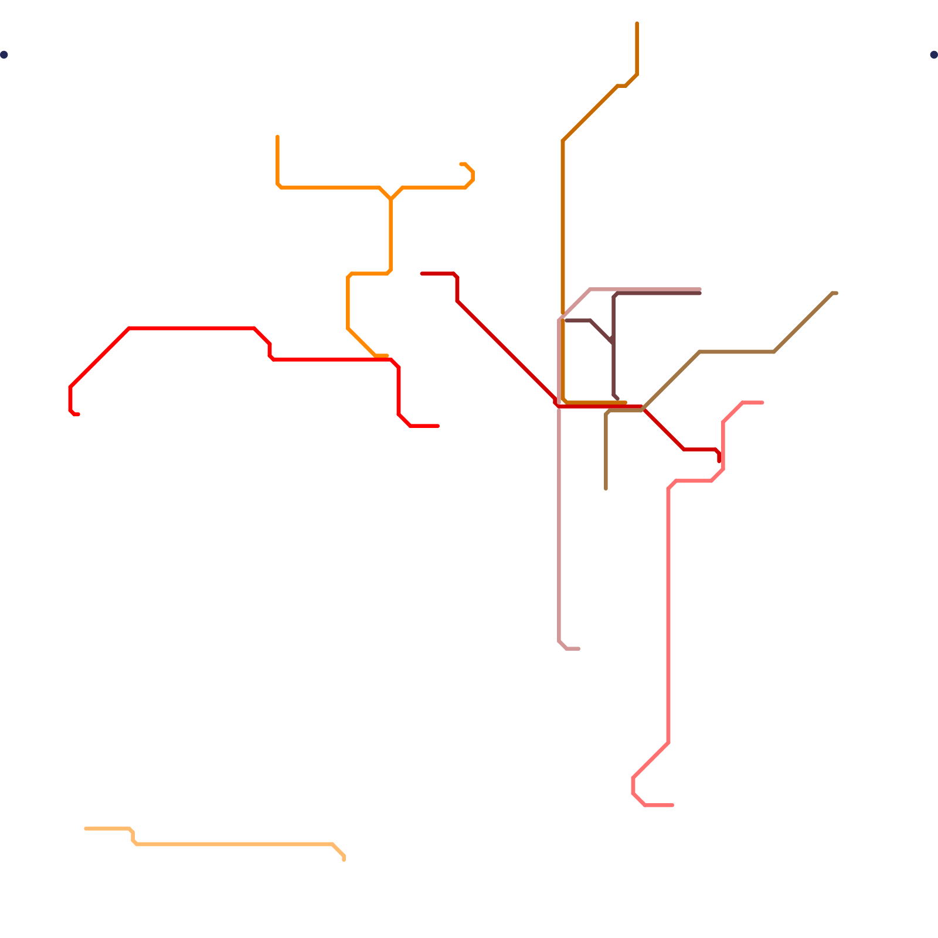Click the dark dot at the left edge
point(4,55)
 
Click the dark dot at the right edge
point(933,55)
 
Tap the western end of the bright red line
point(78,414)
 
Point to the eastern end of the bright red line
point(438,426)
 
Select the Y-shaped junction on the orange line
point(390,199)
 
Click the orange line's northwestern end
point(277,137)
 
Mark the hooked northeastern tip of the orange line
point(461,164)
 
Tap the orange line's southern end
point(387,356)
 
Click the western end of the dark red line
point(422,273)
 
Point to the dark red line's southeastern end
point(719,461)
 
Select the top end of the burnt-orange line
point(637,23)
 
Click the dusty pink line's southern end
point(579,648)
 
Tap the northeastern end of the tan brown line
point(836,293)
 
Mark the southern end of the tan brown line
point(606,489)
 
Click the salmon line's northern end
point(762,403)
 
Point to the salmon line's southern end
point(672,805)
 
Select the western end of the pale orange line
point(86,828)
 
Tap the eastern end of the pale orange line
point(344,860)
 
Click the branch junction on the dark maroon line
point(613,342)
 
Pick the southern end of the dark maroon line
point(618,399)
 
